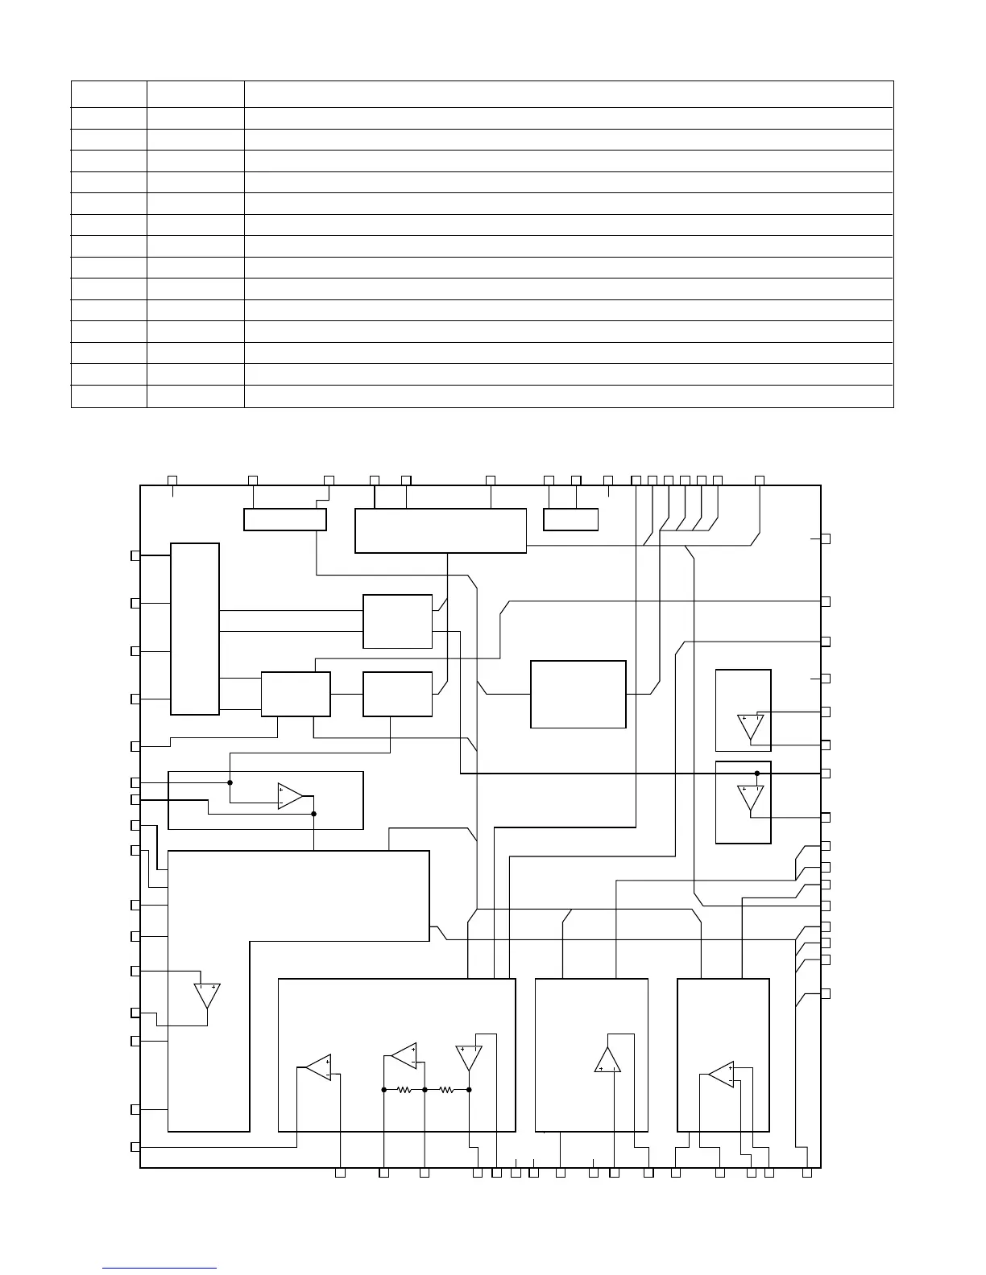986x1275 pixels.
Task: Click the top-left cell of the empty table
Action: [x=109, y=93]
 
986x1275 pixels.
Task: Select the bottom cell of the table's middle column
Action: [x=195, y=397]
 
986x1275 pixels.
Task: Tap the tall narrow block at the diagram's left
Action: [x=195, y=629]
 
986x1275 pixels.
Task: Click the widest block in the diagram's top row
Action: [x=441, y=530]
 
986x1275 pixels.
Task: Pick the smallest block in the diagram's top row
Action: [x=570, y=520]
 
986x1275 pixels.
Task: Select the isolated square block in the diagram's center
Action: [x=578, y=695]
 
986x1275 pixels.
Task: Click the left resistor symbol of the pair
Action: [x=404, y=1090]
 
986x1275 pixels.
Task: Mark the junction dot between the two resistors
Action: [x=425, y=1090]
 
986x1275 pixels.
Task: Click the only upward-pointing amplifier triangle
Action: [x=607, y=1061]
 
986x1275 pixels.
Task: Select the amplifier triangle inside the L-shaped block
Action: [x=208, y=996]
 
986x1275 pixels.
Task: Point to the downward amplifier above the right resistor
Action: [x=469, y=1057]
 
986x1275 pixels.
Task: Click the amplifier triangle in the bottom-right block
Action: [x=722, y=1074]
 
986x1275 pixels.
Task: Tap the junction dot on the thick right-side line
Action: [x=757, y=774]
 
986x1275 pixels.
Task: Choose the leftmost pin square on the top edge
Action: [x=172, y=481]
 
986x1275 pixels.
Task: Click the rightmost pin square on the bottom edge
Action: [x=807, y=1173]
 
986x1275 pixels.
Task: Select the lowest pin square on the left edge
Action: [x=135, y=1146]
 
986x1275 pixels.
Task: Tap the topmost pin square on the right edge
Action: [x=826, y=538]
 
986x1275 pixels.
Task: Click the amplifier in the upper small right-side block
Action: [x=751, y=727]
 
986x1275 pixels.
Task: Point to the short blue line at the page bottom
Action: [x=160, y=1268]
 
